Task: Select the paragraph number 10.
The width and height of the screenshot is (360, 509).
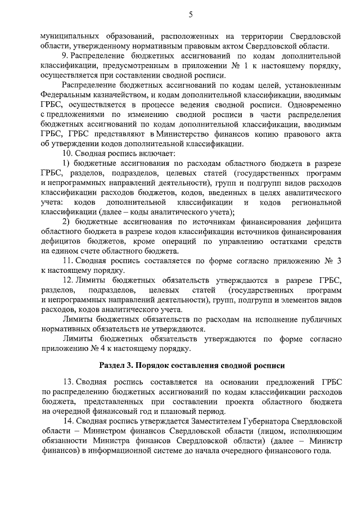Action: tap(67, 154)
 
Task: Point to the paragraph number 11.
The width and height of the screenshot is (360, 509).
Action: tap(67, 260)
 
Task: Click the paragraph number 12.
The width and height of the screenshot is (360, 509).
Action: tap(67, 280)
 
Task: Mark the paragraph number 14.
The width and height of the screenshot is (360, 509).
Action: tap(67, 421)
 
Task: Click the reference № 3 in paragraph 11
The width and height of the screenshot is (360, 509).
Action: tap(331, 260)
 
